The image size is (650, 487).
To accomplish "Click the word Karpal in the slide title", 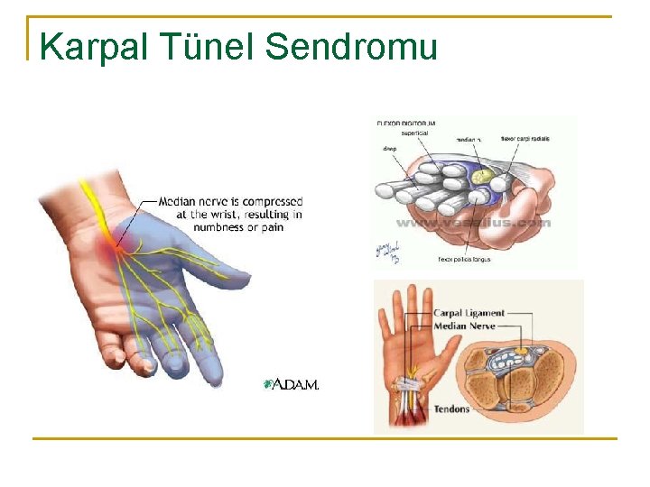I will click(88, 47).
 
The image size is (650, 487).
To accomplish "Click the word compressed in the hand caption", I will click(268, 202).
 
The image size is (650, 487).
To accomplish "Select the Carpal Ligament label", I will click(469, 314).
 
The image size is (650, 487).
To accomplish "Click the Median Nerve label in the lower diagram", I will click(464, 326).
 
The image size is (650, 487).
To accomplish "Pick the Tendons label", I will click(451, 409).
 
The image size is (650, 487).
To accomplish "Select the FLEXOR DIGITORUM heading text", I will click(406, 122).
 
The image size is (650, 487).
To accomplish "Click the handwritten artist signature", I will click(386, 251).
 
